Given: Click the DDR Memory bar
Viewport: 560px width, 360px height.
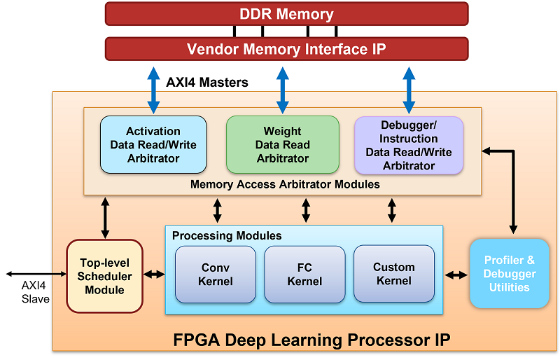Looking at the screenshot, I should coord(286,14).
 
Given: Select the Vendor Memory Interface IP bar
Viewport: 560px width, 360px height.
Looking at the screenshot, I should coord(286,49).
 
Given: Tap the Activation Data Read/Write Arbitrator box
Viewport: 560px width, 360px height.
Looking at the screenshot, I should coord(153,145).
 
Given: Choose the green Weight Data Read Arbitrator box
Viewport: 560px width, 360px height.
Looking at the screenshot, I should coord(282,145).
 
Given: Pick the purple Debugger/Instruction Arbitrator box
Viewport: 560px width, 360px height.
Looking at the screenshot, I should coord(409,145).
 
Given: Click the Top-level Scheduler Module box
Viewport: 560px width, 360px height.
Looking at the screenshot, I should coord(104,276).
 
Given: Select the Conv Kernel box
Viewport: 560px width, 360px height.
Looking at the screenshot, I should coord(216,275).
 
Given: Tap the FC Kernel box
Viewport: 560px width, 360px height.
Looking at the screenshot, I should coord(304,275).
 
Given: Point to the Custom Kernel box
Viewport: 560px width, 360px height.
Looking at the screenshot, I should coord(393,274).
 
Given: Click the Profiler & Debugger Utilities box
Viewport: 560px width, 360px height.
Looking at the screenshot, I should coord(509,274).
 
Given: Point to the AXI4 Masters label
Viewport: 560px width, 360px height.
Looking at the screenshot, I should coord(207,83).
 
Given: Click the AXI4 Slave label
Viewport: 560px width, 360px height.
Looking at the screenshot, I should coord(35,293).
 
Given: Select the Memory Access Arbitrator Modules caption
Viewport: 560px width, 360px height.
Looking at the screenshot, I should coord(285,185).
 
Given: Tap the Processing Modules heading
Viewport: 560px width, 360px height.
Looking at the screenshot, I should coord(227,236).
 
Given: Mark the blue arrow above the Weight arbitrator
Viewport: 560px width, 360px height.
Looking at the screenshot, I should coord(282,89).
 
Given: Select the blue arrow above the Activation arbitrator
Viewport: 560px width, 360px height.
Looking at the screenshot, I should coord(153,89).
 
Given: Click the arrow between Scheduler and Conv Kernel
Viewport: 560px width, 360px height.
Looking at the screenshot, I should coord(154,274).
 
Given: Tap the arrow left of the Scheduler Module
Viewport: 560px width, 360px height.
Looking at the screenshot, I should coord(33,274).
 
